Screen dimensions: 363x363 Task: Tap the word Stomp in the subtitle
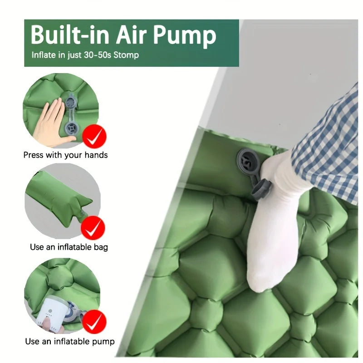[x=127, y=55]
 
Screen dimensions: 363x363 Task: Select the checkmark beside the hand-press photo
[x=94, y=137]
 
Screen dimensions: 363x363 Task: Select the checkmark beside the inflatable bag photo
[x=93, y=229]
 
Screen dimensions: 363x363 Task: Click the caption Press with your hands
[x=65, y=155]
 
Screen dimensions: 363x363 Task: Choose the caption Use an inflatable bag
[x=69, y=247]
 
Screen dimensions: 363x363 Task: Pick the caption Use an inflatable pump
[x=69, y=341]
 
